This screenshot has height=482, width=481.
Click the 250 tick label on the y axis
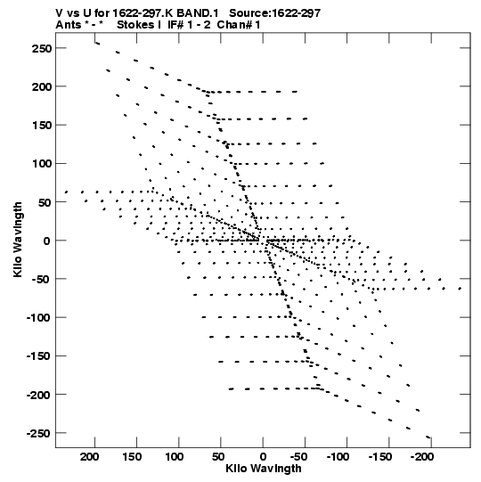click(42, 49)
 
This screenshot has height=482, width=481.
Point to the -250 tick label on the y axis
click(38, 433)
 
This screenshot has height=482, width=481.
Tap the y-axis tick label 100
click(42, 164)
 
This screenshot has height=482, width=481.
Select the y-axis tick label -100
click(38, 317)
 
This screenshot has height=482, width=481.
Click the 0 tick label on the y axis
click(46, 241)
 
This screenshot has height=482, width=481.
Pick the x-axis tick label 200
click(90, 457)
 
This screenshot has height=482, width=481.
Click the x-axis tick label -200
click(422, 457)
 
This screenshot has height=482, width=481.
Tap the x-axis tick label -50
click(298, 457)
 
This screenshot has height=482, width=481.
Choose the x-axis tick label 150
click(132, 457)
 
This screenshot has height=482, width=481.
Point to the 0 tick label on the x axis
click(263, 457)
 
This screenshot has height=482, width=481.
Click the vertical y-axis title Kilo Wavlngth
click(18, 240)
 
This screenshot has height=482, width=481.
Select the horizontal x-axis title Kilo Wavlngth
click(264, 469)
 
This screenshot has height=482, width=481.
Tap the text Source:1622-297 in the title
click(274, 13)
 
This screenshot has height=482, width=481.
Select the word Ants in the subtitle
click(67, 25)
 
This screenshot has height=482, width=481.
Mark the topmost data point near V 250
click(97, 44)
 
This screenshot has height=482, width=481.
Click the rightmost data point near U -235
click(460, 289)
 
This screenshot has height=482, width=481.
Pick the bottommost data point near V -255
click(428, 437)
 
